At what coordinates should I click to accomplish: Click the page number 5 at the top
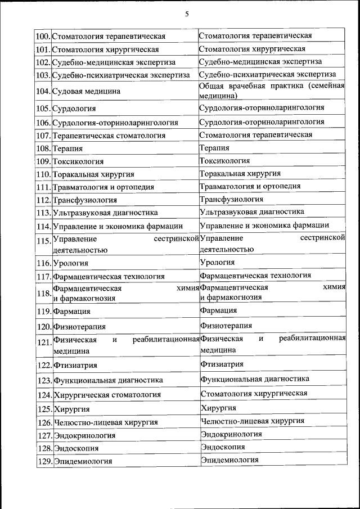pyautogui.click(x=186, y=14)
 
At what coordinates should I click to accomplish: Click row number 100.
pyautogui.click(x=43, y=37)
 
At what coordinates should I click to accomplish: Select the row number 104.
pyautogui.click(x=43, y=91)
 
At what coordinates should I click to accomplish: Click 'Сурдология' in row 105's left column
pyautogui.click(x=74, y=108)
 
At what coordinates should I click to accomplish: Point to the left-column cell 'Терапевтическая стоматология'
pyautogui.click(x=109, y=136)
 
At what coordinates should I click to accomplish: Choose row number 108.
pyautogui.click(x=43, y=149)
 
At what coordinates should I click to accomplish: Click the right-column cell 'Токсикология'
pyautogui.click(x=225, y=161)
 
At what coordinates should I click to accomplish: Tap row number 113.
pyautogui.click(x=43, y=213)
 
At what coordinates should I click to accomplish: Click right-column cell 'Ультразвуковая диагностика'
pyautogui.click(x=252, y=212)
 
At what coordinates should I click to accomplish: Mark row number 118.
pyautogui.click(x=43, y=292)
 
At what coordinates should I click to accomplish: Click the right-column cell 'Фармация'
pyautogui.click(x=218, y=310)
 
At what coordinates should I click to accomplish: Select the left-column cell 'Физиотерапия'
pyautogui.click(x=79, y=326)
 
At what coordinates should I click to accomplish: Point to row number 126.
pyautogui.click(x=43, y=422)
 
